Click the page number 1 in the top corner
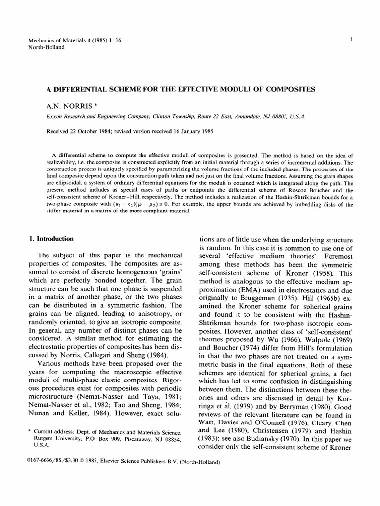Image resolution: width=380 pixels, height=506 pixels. click(x=351, y=40)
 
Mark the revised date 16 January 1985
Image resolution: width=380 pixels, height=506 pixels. click(x=193, y=131)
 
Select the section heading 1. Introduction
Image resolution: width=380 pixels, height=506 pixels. click(x=52, y=239)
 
